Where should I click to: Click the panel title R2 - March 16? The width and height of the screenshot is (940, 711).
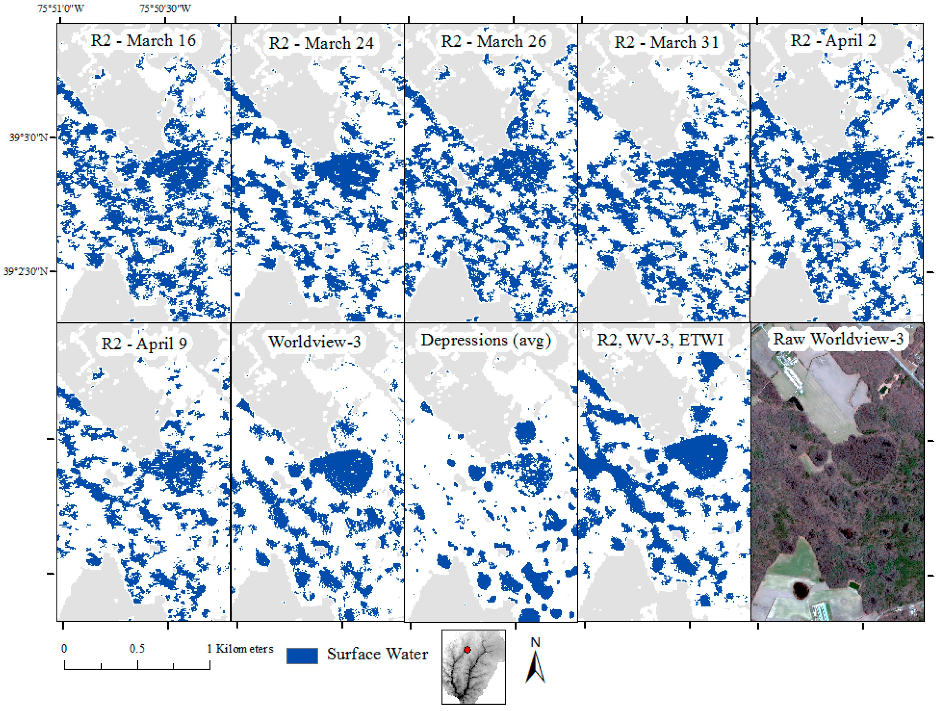click(x=143, y=41)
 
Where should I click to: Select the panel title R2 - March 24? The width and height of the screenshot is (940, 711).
click(x=321, y=43)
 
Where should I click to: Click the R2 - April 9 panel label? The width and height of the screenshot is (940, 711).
click(x=144, y=343)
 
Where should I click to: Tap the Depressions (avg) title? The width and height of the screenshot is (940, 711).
click(x=486, y=340)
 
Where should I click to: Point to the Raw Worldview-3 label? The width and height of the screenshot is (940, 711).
click(x=837, y=339)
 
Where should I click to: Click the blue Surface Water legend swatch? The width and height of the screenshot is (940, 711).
click(x=302, y=656)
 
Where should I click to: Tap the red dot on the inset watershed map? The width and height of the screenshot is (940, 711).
click(x=467, y=650)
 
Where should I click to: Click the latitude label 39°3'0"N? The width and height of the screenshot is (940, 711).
click(x=28, y=138)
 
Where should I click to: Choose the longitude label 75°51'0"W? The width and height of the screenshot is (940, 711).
click(x=61, y=8)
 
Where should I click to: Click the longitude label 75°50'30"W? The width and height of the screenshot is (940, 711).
click(x=165, y=8)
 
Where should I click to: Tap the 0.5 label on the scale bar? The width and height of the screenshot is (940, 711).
click(x=137, y=648)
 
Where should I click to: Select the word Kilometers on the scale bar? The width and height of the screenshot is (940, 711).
click(x=244, y=648)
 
